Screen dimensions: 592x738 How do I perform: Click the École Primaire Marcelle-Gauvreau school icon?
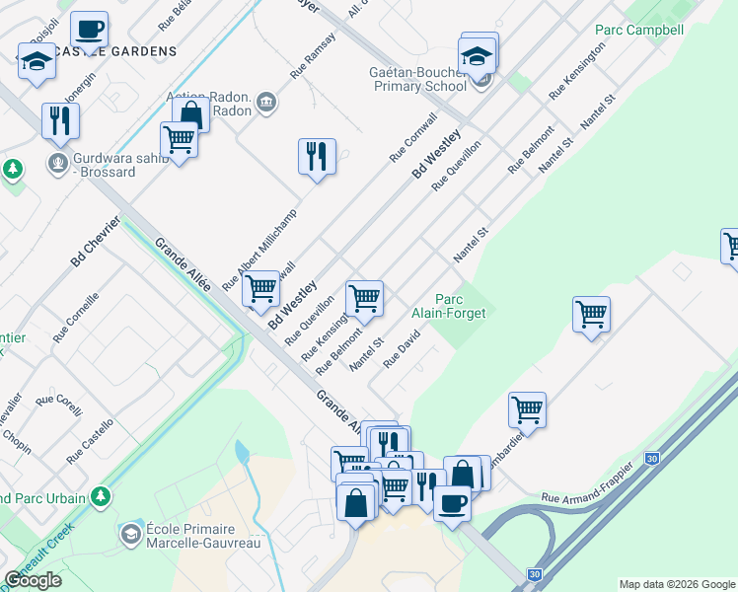point(129,535)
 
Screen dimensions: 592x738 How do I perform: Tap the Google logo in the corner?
point(33,580)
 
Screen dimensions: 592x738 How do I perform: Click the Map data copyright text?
point(677,584)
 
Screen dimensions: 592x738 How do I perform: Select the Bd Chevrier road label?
point(95,241)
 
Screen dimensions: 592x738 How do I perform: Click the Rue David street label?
point(402,348)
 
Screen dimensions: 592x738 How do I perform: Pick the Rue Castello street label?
point(90,441)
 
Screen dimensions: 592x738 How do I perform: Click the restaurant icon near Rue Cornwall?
point(317,157)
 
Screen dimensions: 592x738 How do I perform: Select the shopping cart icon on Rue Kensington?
point(364,297)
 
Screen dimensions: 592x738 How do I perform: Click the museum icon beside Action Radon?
point(265,102)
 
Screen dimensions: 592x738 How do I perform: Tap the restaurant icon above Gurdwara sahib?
point(60,121)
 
